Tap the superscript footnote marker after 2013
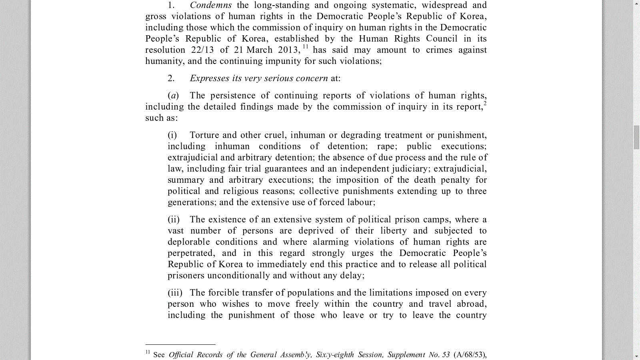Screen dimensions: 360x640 (x=305, y=47)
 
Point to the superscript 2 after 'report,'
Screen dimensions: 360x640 (x=485, y=104)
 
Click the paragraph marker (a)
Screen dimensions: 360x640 (x=173, y=96)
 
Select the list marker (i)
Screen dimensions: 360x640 (x=172, y=135)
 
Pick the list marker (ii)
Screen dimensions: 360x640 (x=173, y=220)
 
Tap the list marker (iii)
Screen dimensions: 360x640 (x=175, y=293)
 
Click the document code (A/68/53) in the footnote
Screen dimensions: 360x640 (x=470, y=355)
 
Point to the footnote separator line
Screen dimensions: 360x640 (x=180, y=344)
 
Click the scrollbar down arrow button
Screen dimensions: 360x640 (x=636, y=356)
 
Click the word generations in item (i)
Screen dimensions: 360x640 (x=191, y=202)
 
